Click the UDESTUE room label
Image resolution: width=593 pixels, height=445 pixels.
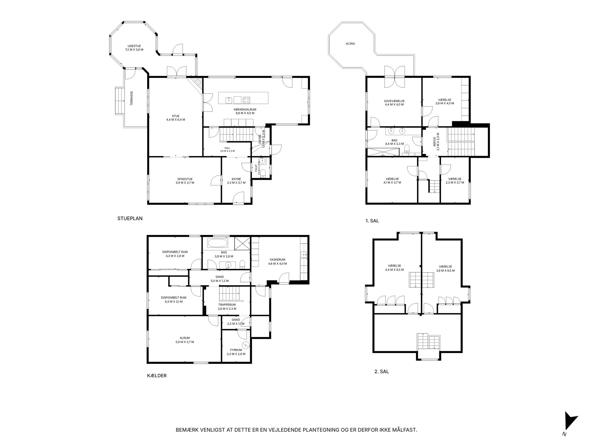134,46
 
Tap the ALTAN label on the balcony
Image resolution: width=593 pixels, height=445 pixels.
350,44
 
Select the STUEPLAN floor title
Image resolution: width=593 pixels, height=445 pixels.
130,218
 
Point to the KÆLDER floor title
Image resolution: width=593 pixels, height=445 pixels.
157,376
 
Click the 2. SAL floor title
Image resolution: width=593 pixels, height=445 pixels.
382,371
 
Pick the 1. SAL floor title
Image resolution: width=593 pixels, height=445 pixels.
372,221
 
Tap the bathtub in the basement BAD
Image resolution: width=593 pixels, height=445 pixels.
218,244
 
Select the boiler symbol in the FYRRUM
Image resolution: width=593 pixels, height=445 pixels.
246,345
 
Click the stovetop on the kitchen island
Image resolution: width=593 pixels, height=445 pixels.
246,100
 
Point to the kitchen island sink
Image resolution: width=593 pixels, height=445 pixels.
229,100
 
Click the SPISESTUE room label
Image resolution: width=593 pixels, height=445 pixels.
185,179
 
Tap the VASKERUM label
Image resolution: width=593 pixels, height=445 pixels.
278,260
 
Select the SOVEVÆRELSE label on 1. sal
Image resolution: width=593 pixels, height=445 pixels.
394,101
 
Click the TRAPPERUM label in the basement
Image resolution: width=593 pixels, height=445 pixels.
227,305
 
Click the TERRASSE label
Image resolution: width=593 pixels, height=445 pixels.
131,98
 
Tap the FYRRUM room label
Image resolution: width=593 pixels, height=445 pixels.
236,350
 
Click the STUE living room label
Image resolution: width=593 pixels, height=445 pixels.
176,116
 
